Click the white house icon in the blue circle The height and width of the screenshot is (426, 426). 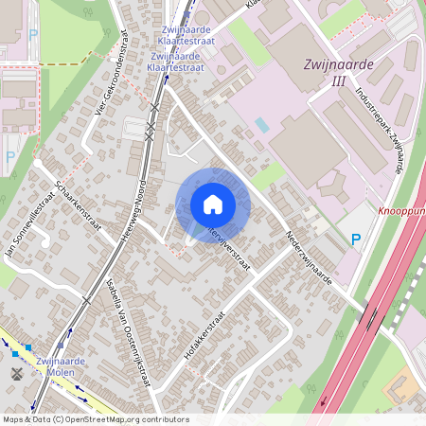[213, 204]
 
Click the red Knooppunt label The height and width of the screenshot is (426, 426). [401, 212]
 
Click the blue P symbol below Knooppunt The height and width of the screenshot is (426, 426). [356, 240]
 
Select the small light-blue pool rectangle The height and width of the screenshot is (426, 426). [262, 124]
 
